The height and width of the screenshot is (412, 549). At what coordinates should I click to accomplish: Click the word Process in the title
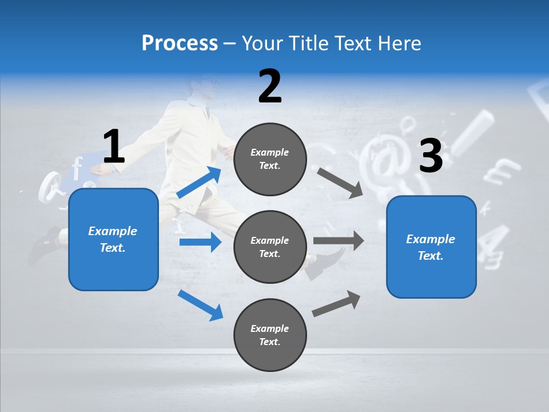click(x=180, y=43)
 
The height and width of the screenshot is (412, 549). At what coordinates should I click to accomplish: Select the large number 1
click(x=114, y=146)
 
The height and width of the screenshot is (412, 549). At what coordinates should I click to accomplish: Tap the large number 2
click(x=270, y=86)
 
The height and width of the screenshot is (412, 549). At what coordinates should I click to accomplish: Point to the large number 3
click(x=431, y=156)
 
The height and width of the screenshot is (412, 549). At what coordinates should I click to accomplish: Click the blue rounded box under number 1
click(x=113, y=239)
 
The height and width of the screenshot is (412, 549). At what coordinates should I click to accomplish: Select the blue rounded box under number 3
click(x=431, y=247)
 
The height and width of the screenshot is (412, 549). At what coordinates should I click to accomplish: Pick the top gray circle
click(x=270, y=159)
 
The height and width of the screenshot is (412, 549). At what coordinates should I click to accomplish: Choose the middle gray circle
click(x=270, y=247)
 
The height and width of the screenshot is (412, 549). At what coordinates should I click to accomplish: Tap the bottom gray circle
click(x=270, y=335)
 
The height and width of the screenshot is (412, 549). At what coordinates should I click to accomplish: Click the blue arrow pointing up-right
click(x=199, y=183)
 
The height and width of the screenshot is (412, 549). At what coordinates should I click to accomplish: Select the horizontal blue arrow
click(x=200, y=242)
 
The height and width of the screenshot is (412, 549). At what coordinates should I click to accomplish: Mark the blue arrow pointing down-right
click(x=200, y=305)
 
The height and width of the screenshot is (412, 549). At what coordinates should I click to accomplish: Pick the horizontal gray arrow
click(x=339, y=240)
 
